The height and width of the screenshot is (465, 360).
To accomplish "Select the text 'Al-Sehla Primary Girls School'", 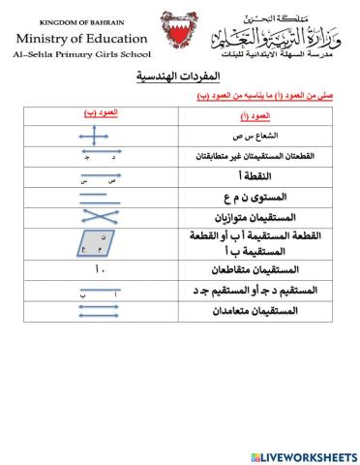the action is point(83,56).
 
